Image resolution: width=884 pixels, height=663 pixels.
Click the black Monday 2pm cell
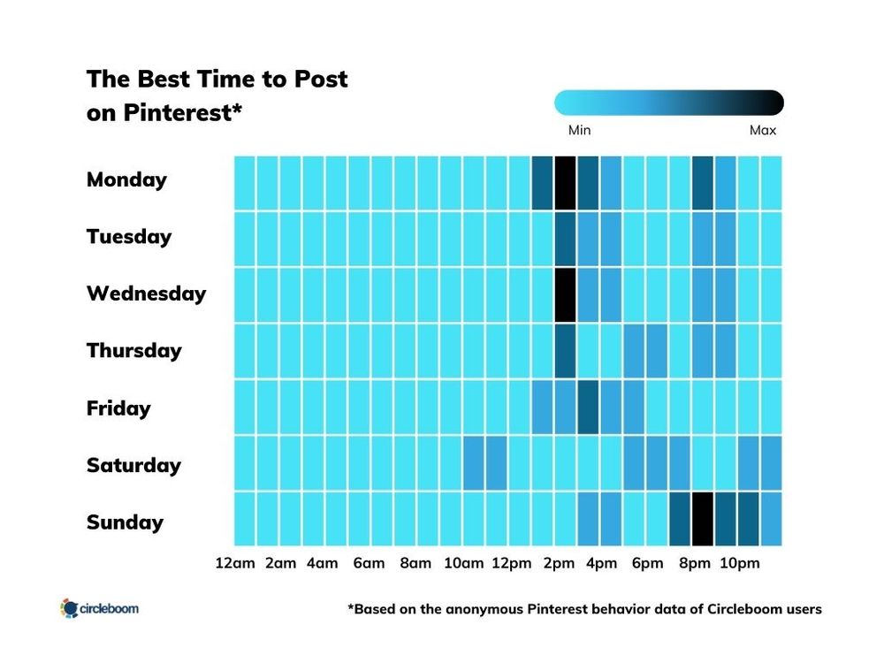tap(565, 183)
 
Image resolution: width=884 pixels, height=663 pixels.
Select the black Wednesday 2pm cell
tap(565, 294)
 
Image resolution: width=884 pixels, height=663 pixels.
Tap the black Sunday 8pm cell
tap(702, 519)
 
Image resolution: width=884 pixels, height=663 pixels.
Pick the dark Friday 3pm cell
tap(588, 407)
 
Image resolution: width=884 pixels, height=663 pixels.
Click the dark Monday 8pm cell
tap(702, 183)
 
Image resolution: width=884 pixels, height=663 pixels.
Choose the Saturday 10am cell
tap(473, 462)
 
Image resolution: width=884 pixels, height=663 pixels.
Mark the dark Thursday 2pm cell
tap(565, 351)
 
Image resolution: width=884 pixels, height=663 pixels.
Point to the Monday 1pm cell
tap(542, 183)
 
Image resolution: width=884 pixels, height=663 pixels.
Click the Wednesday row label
tap(146, 293)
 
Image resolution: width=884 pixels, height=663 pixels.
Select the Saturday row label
tap(133, 465)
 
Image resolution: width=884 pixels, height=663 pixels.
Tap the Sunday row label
tap(125, 522)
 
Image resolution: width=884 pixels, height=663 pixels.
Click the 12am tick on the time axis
tap(234, 563)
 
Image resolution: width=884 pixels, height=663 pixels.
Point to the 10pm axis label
tap(738, 563)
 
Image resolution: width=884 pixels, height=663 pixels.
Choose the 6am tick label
tap(368, 563)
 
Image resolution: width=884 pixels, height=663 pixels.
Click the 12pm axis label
tap(510, 563)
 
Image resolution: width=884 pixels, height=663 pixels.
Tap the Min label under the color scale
tap(579, 130)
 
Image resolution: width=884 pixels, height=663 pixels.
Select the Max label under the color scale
tap(762, 130)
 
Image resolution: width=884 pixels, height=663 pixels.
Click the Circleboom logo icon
tap(69, 608)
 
